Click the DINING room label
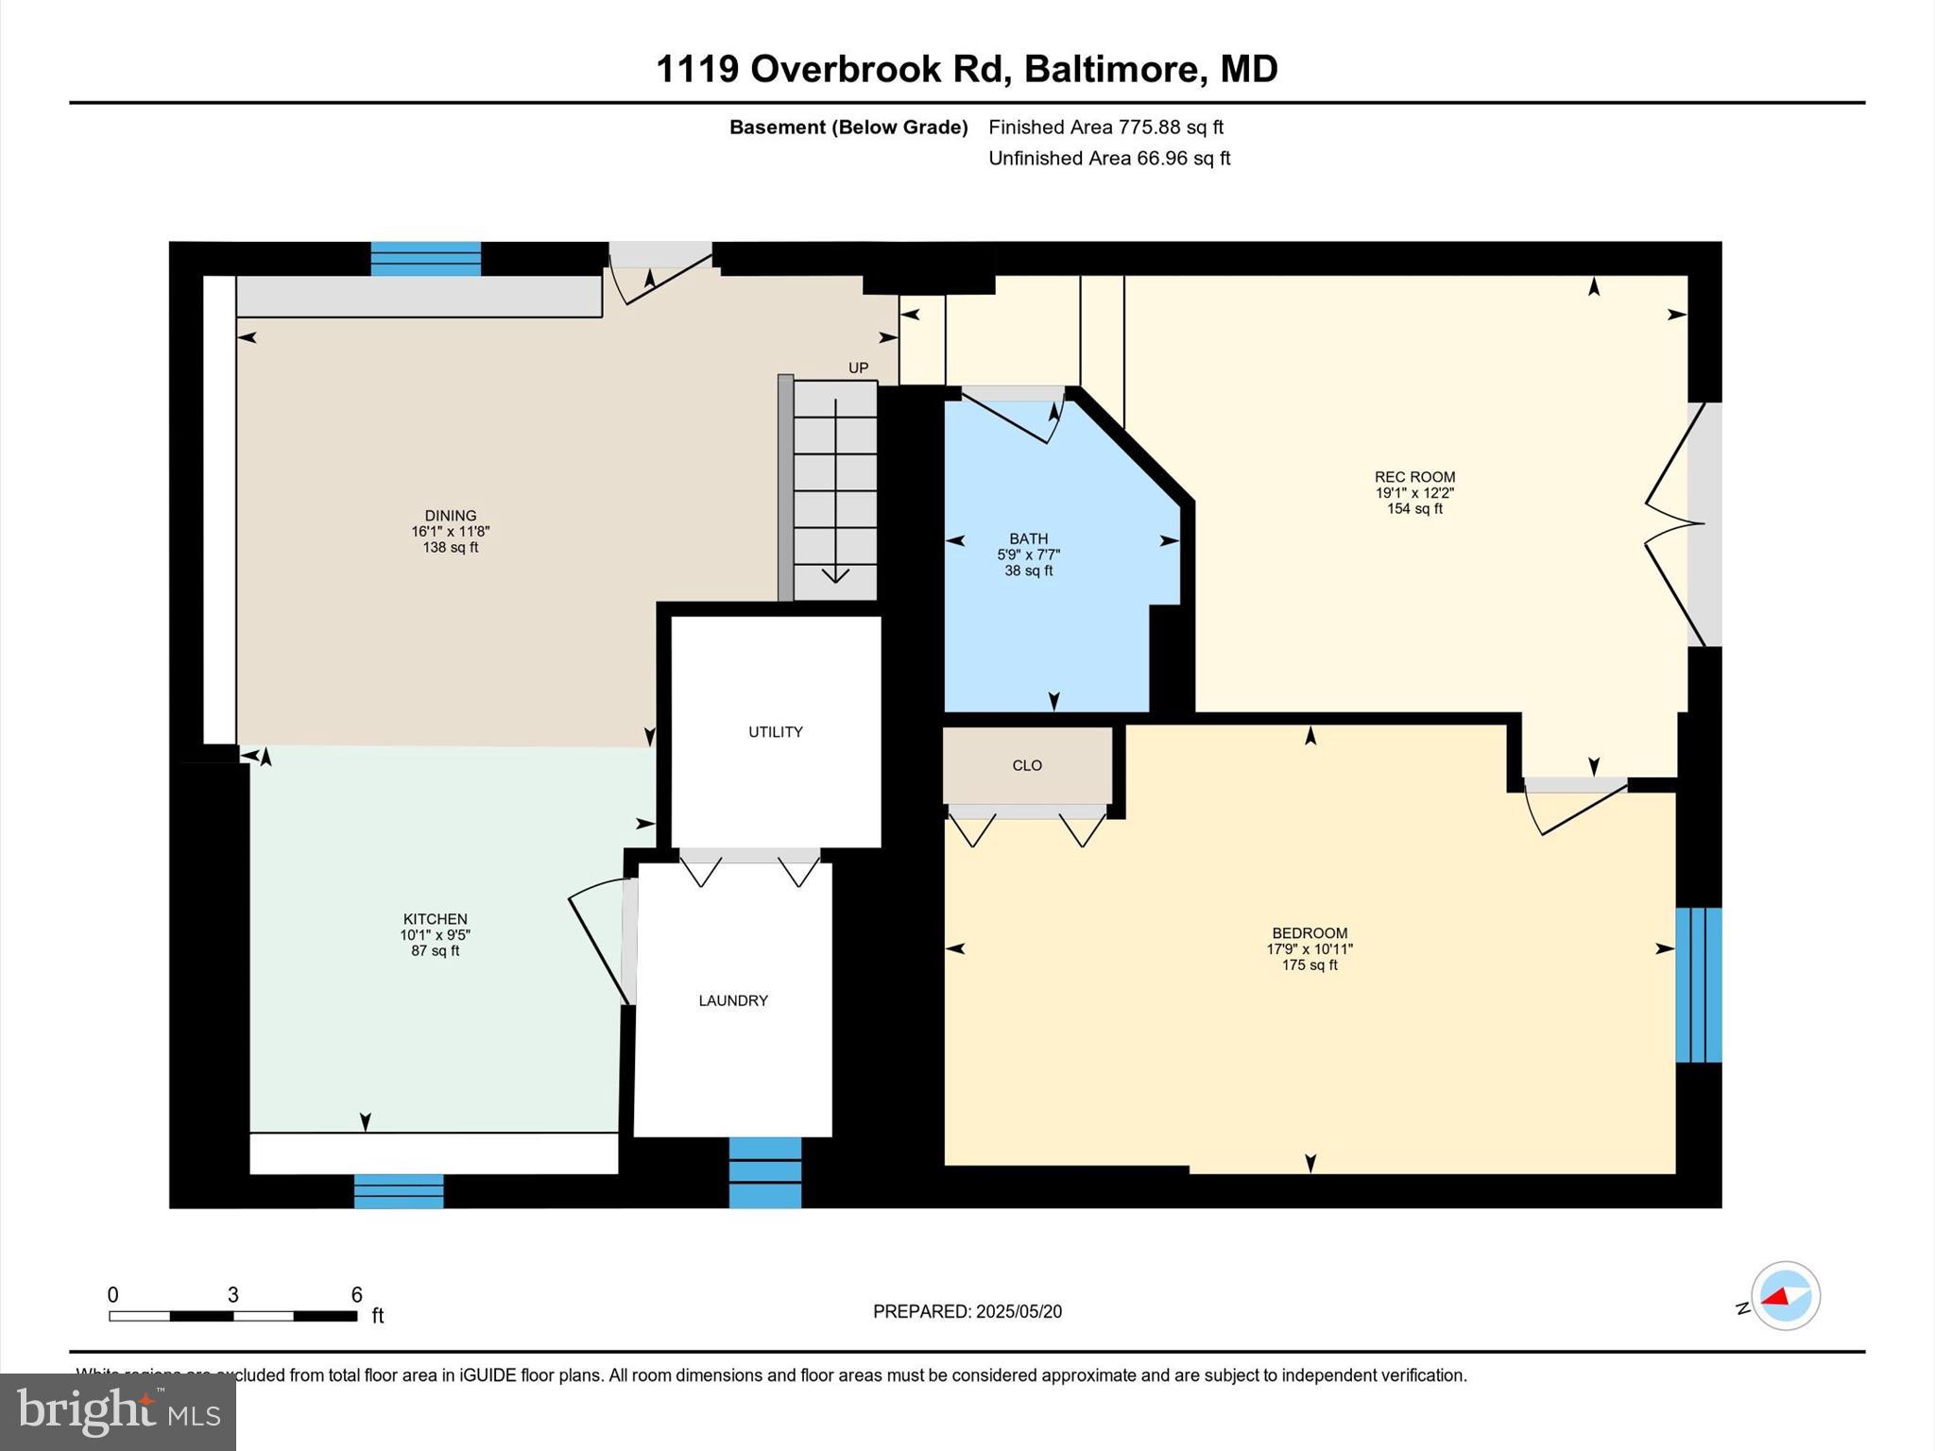450,516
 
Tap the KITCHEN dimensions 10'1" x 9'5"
435,935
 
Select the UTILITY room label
775,732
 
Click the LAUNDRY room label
733,1000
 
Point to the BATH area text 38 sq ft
1028,571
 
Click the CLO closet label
1027,765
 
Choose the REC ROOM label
1414,477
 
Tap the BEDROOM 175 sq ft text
1310,965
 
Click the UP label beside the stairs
858,368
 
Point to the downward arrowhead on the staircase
835,575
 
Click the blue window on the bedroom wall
1698,984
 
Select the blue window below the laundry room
765,1172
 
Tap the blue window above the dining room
425,259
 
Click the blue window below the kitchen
399,1191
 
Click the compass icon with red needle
1785,1296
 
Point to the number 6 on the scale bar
356,1295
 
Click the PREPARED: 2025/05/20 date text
967,1311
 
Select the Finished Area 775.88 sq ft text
1105,127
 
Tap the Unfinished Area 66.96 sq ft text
1108,158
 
